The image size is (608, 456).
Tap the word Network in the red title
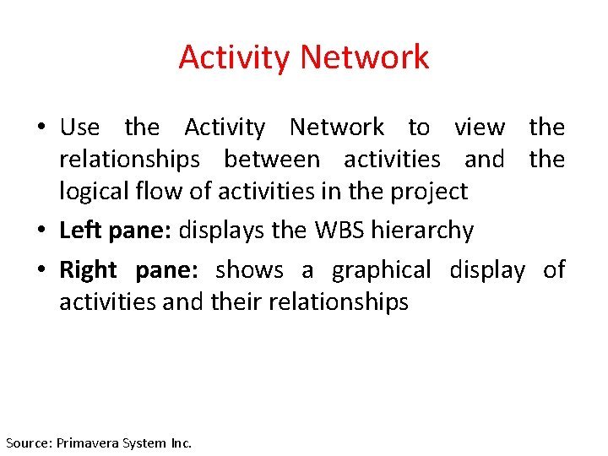[x=364, y=58]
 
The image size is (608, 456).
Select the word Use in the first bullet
[x=79, y=128]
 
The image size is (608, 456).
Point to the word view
[x=480, y=128]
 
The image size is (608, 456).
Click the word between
[x=271, y=159]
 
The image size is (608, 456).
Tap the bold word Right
[x=88, y=270]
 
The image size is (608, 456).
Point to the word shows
[x=249, y=270]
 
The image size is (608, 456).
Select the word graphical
[x=381, y=270]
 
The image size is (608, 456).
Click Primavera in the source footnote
[x=88, y=442]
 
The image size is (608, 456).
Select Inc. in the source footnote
[x=182, y=442]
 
